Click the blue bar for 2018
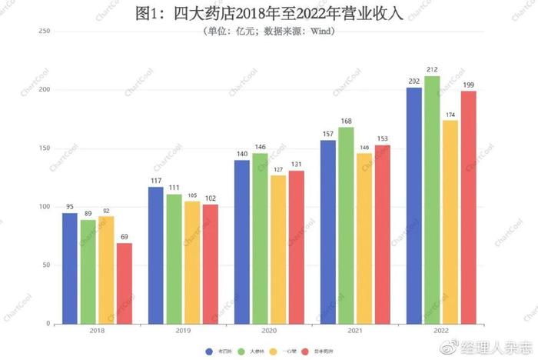70,268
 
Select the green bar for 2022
432,200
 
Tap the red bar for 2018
125,284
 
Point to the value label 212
432,70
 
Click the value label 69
125,237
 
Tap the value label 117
156,181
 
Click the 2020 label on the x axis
269,332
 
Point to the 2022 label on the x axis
441,332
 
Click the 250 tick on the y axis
45,31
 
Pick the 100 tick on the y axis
45,207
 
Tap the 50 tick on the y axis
46,265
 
